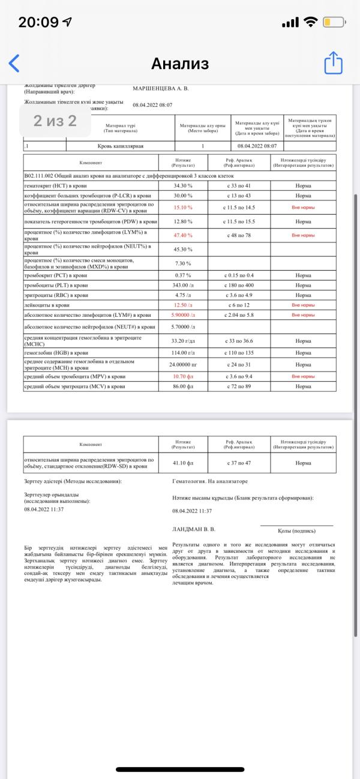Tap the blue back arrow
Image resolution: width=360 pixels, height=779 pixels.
[x=14, y=63]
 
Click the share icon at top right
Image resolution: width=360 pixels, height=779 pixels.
[x=333, y=63]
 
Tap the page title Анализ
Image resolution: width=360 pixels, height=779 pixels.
[x=180, y=64]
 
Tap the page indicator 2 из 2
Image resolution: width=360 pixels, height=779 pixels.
[x=55, y=121]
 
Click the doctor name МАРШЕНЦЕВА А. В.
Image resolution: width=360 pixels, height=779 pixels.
[x=160, y=88]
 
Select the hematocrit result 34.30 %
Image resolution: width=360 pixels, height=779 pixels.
[x=183, y=186]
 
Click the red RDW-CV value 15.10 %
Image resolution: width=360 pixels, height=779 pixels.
[x=183, y=207]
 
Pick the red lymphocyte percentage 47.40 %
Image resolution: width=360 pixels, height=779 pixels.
[x=183, y=235]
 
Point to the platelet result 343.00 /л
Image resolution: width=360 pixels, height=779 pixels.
[x=183, y=285]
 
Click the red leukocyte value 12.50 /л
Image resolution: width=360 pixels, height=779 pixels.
[x=183, y=305]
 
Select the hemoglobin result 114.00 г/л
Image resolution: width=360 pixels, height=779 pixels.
[x=183, y=353]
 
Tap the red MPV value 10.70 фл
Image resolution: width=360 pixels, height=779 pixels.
[x=183, y=376]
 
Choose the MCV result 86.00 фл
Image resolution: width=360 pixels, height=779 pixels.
[x=183, y=386]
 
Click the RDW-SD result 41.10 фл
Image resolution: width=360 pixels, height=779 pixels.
[x=183, y=463]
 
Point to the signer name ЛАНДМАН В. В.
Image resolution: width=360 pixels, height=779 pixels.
[x=193, y=529]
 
